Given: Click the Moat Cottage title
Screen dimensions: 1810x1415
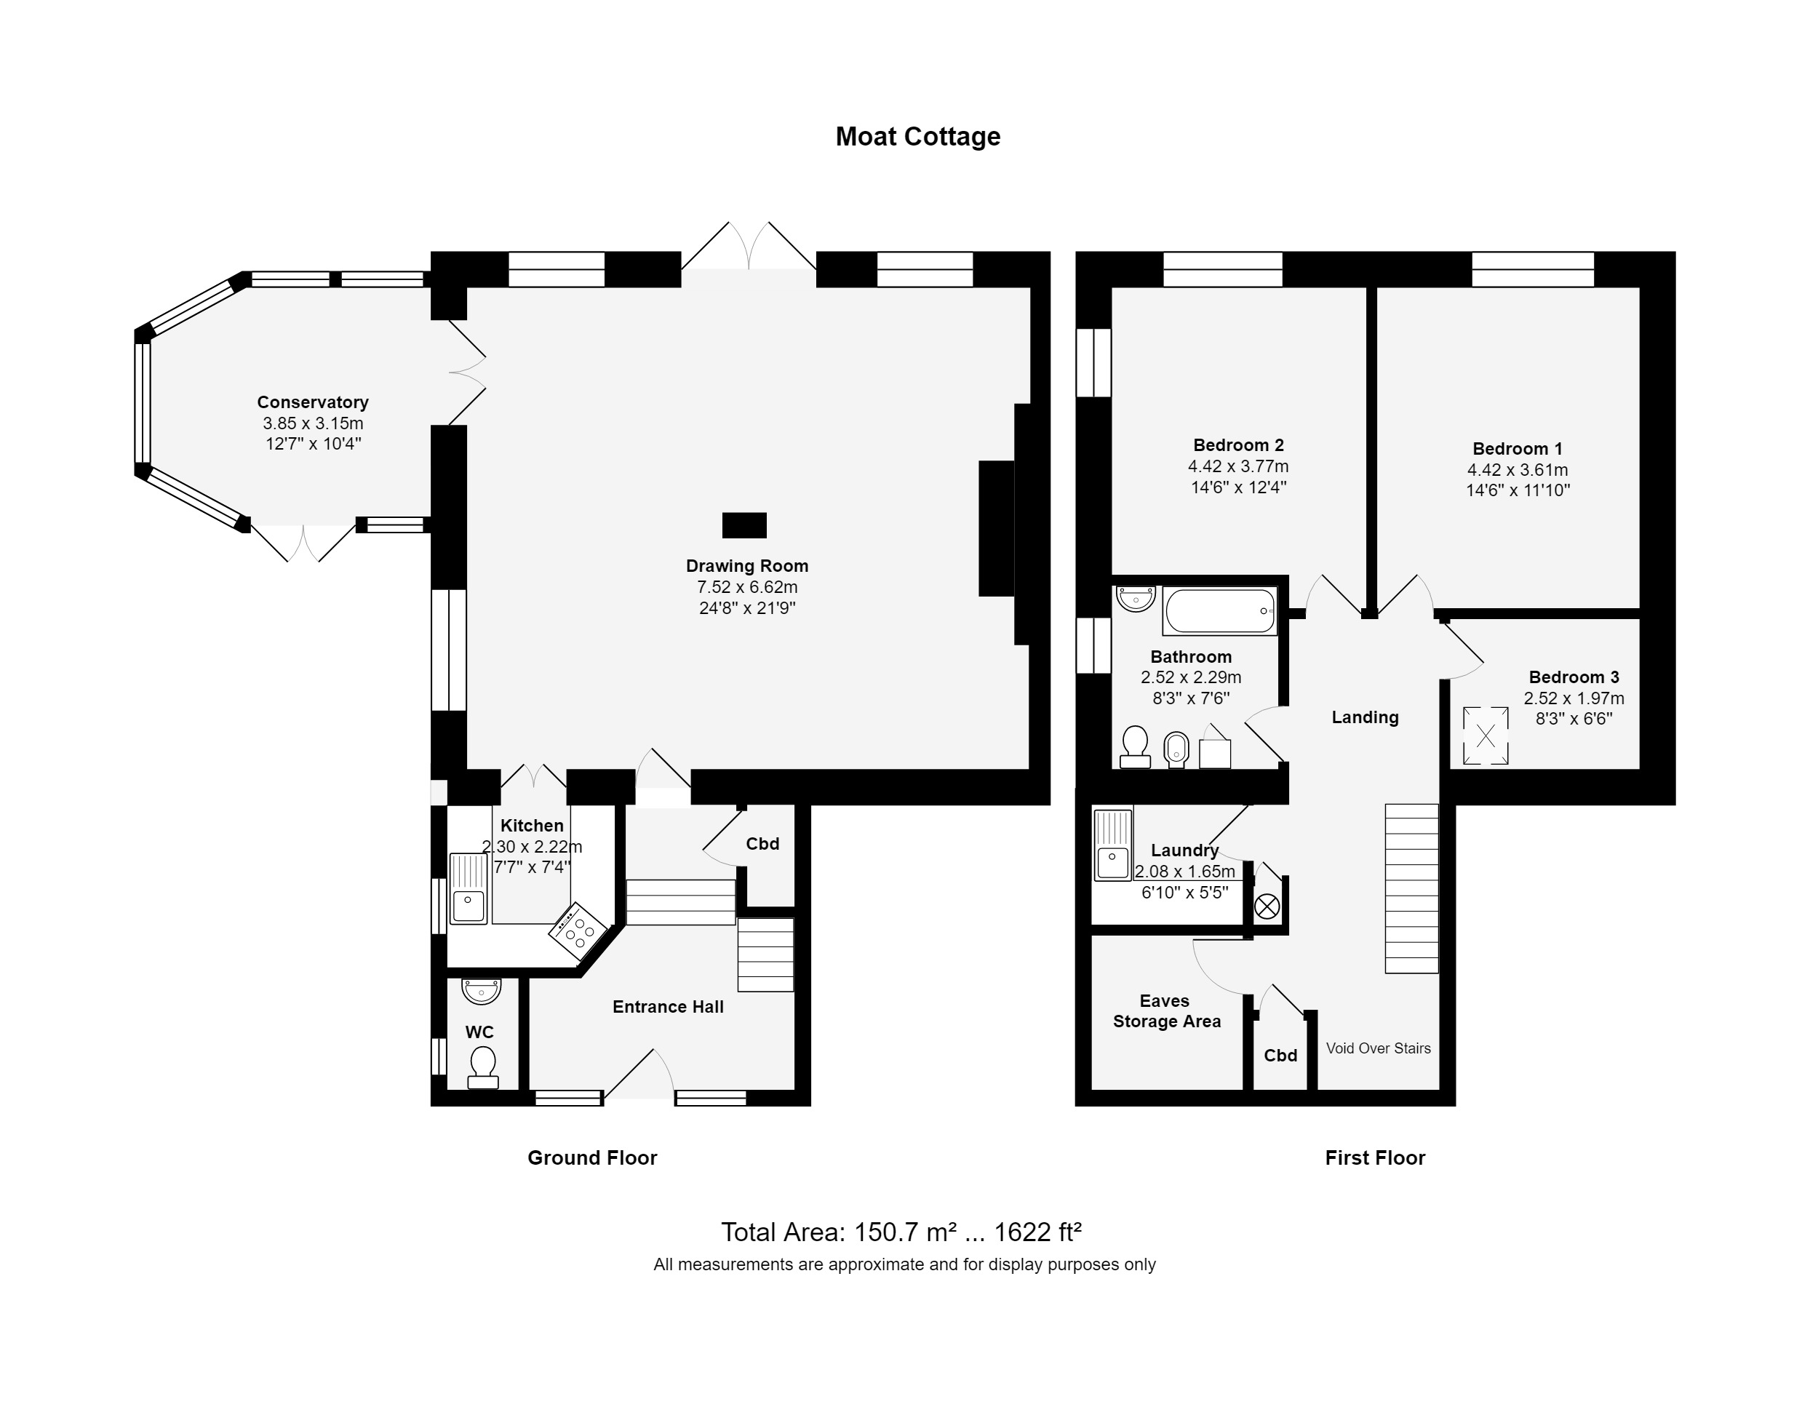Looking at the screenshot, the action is pyautogui.click(x=917, y=136).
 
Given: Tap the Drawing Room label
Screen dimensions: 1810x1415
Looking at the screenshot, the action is pyautogui.click(x=746, y=565).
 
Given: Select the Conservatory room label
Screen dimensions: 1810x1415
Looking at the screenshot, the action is pyautogui.click(x=312, y=402).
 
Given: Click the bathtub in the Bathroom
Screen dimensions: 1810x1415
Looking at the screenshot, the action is pyautogui.click(x=1220, y=611).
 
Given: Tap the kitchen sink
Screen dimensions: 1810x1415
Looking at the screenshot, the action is pyautogui.click(x=469, y=890).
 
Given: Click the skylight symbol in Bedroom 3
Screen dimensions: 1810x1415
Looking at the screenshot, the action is pyautogui.click(x=1485, y=736).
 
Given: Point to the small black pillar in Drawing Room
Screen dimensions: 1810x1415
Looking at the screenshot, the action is pyautogui.click(x=744, y=525).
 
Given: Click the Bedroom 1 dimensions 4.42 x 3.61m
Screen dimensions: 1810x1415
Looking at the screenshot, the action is pyautogui.click(x=1518, y=469).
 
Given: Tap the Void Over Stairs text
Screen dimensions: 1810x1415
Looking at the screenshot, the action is pyautogui.click(x=1378, y=1048).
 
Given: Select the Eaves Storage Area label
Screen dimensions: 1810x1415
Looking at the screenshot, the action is pyautogui.click(x=1166, y=1011).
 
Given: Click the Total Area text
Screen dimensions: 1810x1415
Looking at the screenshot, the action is pyautogui.click(x=901, y=1232).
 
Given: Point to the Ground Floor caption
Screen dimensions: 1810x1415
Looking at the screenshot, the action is pyautogui.click(x=593, y=1157).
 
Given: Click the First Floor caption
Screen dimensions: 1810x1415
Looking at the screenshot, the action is pyautogui.click(x=1375, y=1157).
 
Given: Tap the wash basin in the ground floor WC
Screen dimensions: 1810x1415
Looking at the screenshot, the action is pyautogui.click(x=482, y=992).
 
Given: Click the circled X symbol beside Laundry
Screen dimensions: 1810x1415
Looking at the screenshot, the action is pyautogui.click(x=1267, y=906).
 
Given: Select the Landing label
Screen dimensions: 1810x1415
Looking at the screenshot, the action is pyautogui.click(x=1365, y=717).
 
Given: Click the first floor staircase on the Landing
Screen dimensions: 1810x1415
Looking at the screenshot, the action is pyautogui.click(x=1411, y=888).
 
